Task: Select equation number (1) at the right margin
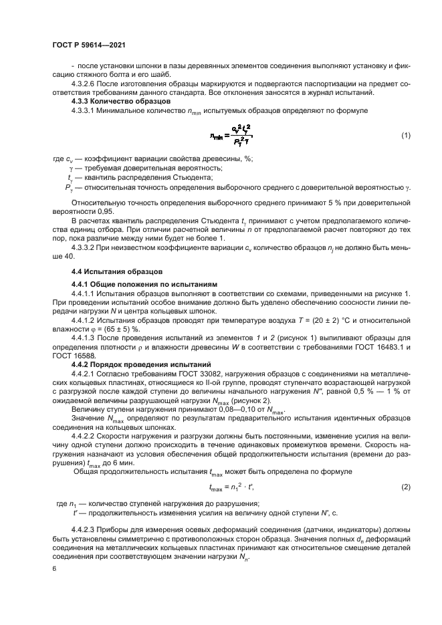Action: click(405, 136)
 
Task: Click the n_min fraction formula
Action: click(231, 136)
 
